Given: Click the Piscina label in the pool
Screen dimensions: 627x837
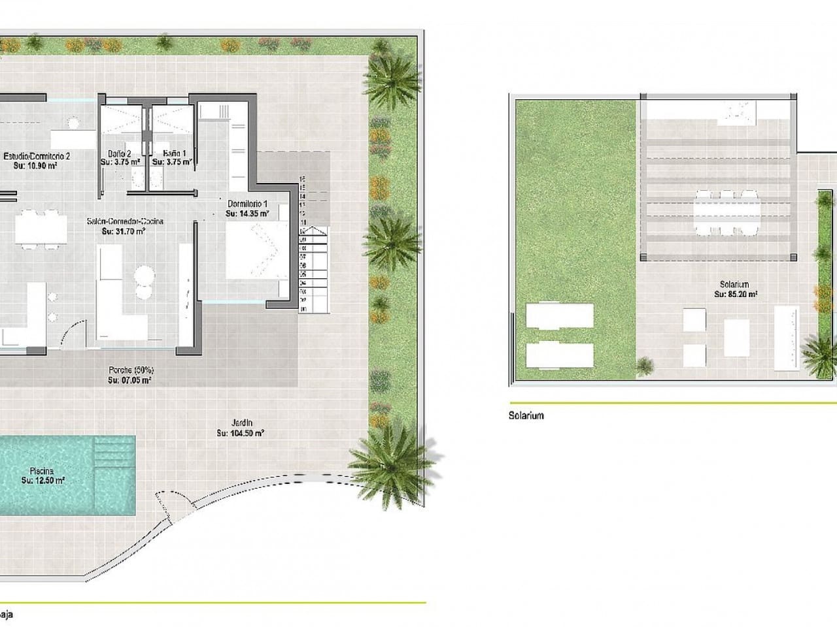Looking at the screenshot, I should (x=41, y=470).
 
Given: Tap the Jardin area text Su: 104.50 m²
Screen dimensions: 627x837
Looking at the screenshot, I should (x=240, y=433).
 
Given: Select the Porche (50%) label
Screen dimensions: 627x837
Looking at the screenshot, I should (x=131, y=370).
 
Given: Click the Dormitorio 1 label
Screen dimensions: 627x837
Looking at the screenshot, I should (x=248, y=203).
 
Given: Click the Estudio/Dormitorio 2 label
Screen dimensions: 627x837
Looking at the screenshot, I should (x=37, y=156).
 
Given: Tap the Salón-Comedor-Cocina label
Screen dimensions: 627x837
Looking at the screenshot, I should (x=125, y=221).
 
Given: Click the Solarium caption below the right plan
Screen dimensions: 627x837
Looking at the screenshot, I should (x=526, y=415).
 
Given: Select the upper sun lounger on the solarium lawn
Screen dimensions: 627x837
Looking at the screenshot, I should (x=560, y=315).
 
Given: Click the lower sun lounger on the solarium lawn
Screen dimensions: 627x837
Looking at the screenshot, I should (x=560, y=355).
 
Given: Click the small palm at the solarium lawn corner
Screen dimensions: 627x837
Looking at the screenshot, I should (x=645, y=366).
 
